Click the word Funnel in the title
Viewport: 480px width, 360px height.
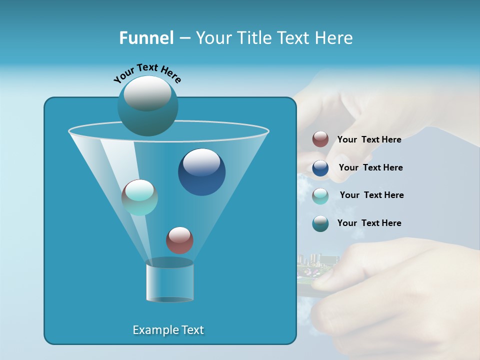pyautogui.click(x=146, y=38)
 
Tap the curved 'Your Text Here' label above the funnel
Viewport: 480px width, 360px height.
pyautogui.click(x=147, y=73)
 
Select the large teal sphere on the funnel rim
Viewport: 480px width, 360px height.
pyautogui.click(x=147, y=105)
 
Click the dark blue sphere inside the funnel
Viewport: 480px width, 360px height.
pyautogui.click(x=201, y=172)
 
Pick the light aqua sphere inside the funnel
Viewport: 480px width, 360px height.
pyautogui.click(x=139, y=197)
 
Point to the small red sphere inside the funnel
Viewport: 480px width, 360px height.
pyautogui.click(x=179, y=240)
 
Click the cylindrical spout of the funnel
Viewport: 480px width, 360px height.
pyautogui.click(x=169, y=282)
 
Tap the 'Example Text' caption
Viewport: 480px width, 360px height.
pyautogui.click(x=168, y=330)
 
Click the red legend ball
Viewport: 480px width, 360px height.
pyautogui.click(x=320, y=139)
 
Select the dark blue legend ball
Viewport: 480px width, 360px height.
pyautogui.click(x=320, y=168)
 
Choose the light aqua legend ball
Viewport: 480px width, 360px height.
pyautogui.click(x=320, y=195)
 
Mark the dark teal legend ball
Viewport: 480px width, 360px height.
pyautogui.click(x=320, y=223)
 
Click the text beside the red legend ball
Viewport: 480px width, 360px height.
pyautogui.click(x=369, y=139)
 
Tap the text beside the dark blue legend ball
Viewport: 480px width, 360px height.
pyautogui.click(x=370, y=167)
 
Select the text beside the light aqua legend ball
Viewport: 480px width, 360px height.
pyautogui.click(x=371, y=195)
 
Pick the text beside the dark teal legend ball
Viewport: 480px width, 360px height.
pyautogui.click(x=369, y=223)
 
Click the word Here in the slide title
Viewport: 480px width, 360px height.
pyautogui.click(x=334, y=38)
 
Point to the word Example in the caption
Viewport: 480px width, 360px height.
pyautogui.click(x=150, y=330)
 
